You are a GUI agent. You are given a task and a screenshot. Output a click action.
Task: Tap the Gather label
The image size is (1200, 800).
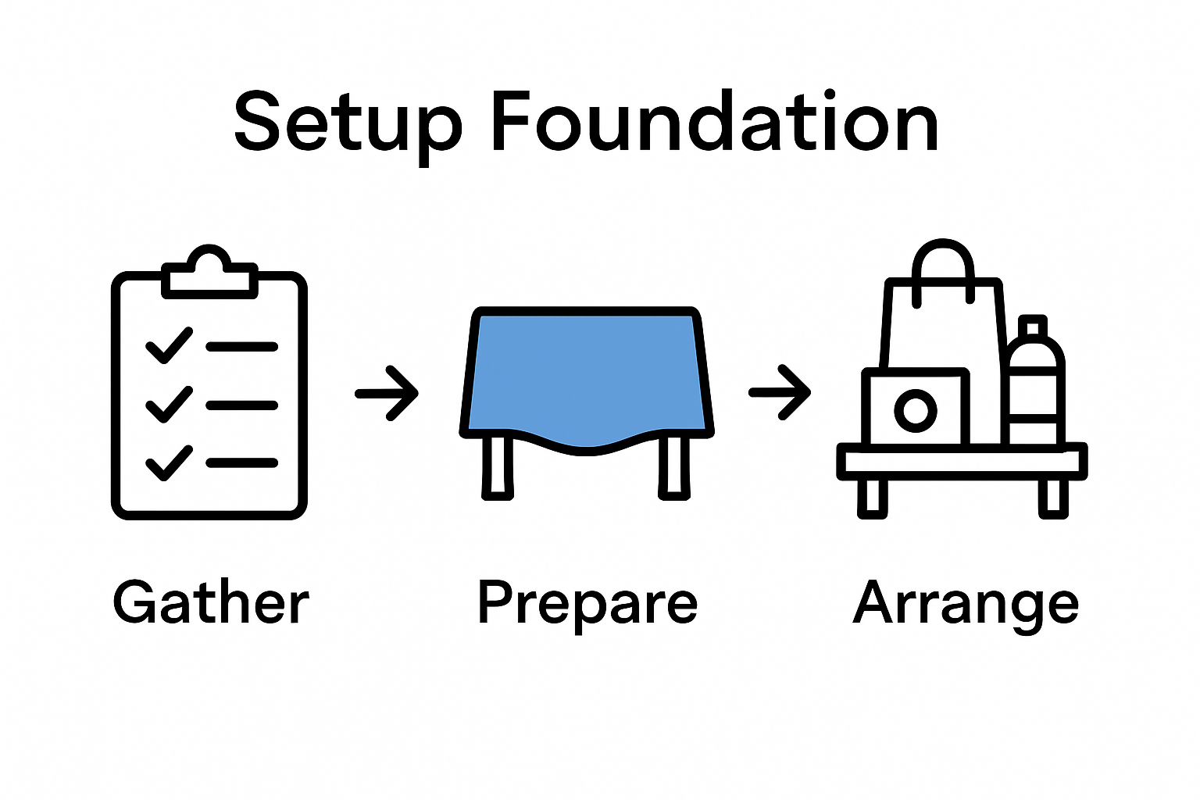click(211, 603)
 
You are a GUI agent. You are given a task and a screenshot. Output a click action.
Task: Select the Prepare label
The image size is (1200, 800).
click(587, 603)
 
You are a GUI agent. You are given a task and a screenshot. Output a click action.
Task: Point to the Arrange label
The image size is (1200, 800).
click(966, 603)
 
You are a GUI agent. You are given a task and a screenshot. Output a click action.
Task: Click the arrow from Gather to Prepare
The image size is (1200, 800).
click(387, 393)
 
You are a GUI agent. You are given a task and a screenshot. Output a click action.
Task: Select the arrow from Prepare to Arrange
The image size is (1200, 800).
click(780, 392)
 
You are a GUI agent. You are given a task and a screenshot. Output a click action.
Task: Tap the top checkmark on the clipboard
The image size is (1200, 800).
click(169, 345)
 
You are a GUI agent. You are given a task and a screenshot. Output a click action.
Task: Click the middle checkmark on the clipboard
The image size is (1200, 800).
click(169, 405)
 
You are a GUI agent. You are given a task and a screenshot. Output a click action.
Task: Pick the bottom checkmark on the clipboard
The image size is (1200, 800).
click(169, 462)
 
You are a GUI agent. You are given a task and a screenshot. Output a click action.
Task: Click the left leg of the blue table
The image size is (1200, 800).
click(498, 467)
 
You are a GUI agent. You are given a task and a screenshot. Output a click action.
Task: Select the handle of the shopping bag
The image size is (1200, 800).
click(944, 262)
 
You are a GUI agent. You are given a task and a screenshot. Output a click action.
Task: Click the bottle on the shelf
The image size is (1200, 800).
click(1033, 391)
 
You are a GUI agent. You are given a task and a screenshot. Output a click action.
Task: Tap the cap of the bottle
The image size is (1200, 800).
click(1033, 326)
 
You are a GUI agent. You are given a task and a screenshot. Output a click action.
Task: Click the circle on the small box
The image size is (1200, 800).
click(915, 409)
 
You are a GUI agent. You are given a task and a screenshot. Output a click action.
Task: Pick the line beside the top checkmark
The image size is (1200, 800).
click(242, 346)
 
